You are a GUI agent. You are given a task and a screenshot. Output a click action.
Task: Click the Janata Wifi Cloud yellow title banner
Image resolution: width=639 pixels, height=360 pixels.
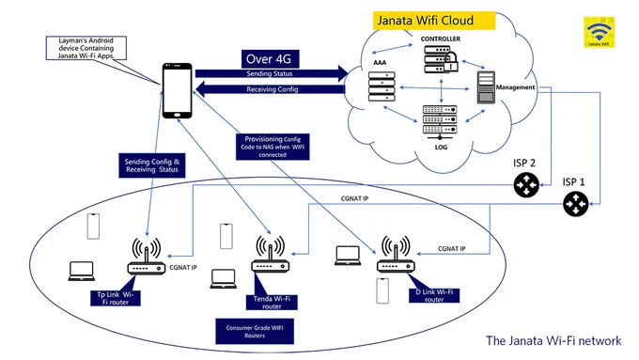(x=434, y=21)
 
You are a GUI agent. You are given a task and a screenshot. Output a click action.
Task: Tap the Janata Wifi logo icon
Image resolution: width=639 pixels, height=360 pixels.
(x=599, y=32)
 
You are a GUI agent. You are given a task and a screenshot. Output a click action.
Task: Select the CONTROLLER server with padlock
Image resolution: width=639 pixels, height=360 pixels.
(x=441, y=59)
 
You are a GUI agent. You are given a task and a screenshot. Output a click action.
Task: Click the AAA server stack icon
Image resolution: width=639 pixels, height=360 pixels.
(x=382, y=86)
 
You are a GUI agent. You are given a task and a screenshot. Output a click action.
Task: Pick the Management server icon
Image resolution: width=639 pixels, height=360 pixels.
(x=486, y=87)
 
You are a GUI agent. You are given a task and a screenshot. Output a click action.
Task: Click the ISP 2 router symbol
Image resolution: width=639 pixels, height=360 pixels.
(x=526, y=185)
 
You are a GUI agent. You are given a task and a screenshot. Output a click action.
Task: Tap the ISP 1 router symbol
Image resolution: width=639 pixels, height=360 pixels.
(x=575, y=204)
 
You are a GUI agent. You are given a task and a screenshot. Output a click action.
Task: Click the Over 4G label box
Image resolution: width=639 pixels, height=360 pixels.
(x=270, y=59)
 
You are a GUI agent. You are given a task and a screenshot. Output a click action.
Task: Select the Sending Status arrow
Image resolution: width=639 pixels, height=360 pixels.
(x=272, y=74)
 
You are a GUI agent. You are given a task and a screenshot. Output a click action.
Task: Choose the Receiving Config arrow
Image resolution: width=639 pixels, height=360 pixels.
(x=270, y=89)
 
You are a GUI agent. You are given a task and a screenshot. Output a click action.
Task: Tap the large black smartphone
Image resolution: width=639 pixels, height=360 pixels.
(x=178, y=90)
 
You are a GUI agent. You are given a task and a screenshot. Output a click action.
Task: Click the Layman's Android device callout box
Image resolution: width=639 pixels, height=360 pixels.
(x=86, y=48)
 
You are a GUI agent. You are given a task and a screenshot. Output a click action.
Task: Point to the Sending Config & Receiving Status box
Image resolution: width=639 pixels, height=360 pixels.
(x=152, y=165)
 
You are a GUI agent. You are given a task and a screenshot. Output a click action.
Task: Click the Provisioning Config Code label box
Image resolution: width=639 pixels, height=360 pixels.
(x=273, y=147)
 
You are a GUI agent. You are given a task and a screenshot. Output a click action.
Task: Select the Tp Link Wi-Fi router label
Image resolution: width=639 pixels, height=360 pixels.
(x=116, y=298)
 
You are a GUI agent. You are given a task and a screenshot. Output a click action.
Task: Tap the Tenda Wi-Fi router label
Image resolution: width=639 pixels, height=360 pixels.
(x=272, y=302)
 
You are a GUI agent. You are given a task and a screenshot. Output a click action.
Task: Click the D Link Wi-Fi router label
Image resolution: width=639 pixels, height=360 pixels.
(x=434, y=295)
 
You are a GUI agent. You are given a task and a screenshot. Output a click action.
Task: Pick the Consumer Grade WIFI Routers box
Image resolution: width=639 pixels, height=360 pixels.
(x=255, y=332)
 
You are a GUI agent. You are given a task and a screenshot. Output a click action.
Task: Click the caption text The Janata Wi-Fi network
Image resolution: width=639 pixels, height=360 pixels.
(x=553, y=340)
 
